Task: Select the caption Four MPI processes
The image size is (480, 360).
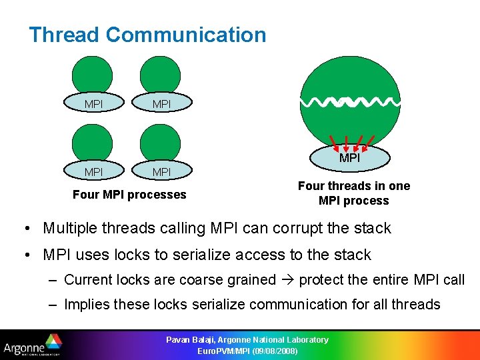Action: (129, 195)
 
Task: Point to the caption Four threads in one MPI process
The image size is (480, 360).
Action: (353, 193)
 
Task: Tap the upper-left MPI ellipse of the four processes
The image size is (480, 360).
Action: (93, 105)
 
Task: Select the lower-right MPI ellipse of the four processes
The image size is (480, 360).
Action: (161, 172)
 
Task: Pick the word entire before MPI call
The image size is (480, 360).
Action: (393, 280)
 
